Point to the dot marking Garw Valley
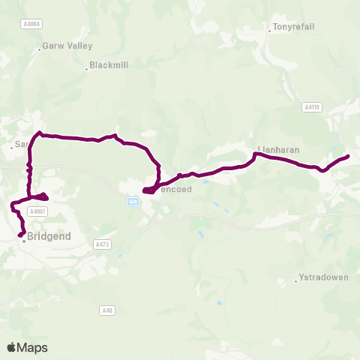tap(39, 50)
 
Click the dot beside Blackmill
tap(87, 70)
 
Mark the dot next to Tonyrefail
tap(269, 31)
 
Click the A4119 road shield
tap(312, 107)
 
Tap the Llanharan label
tap(278, 150)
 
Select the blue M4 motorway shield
tap(133, 202)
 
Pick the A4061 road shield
tap(37, 212)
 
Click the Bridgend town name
tap(49, 236)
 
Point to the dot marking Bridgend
tap(23, 241)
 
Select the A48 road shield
tap(107, 309)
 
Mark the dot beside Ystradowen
tap(296, 282)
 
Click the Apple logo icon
tap(11, 347)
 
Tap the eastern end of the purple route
tap(349, 156)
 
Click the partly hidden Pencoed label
tap(177, 190)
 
